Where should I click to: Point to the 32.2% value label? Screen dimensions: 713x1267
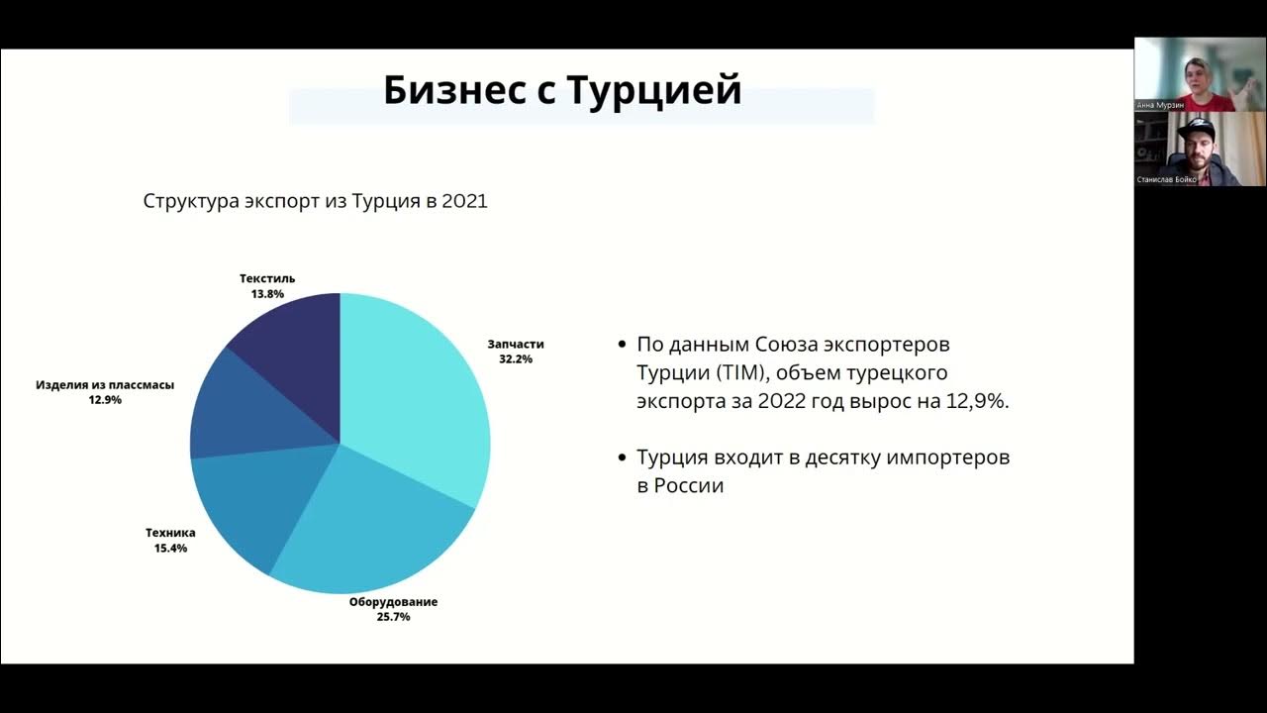point(516,359)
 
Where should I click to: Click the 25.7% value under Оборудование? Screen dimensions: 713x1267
point(393,617)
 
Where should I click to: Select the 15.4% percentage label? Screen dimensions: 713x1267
point(170,548)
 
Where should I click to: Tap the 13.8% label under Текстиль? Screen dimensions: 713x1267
point(267,294)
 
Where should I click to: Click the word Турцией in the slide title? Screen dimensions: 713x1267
point(655,90)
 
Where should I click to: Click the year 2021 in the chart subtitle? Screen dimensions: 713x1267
point(464,201)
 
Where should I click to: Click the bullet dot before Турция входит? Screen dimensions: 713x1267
point(622,458)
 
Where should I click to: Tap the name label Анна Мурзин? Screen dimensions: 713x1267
point(1160,104)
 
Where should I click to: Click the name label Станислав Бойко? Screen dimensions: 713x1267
point(1168,180)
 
